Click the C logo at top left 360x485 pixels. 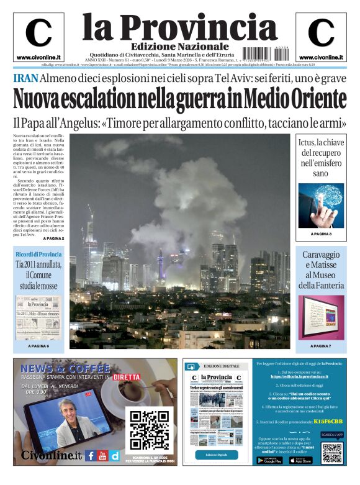38,34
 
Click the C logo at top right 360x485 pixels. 321,34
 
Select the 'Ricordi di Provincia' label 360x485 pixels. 38,254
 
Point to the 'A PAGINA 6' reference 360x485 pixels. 38,346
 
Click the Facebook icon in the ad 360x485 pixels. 91,455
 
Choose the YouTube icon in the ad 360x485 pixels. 103,455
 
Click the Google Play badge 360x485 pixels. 269,460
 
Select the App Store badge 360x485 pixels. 300,460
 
